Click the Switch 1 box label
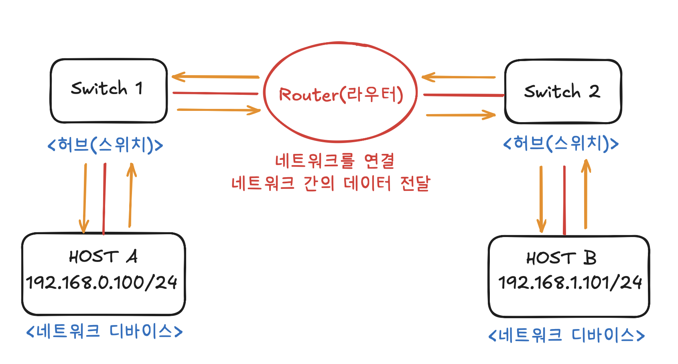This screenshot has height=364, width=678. (x=107, y=88)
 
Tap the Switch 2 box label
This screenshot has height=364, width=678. (x=562, y=92)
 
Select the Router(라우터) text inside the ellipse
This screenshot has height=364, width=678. (x=341, y=95)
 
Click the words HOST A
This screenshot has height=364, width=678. (x=104, y=256)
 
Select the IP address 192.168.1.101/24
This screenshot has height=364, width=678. (x=570, y=283)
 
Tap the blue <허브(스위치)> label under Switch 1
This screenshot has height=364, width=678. (x=105, y=145)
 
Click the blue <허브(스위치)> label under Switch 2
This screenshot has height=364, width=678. (x=561, y=143)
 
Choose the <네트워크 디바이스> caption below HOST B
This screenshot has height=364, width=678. (x=566, y=335)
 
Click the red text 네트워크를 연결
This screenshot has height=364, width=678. (x=335, y=161)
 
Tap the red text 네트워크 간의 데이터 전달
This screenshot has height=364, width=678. (x=331, y=184)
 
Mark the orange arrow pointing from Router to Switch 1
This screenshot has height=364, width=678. (x=215, y=76)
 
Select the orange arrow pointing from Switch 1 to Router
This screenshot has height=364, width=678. (x=219, y=110)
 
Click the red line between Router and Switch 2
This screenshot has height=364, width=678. (x=463, y=95)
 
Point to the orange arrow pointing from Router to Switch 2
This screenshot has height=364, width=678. (x=461, y=115)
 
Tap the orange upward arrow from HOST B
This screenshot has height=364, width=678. (x=586, y=195)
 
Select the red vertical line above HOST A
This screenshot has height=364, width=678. (x=104, y=198)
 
